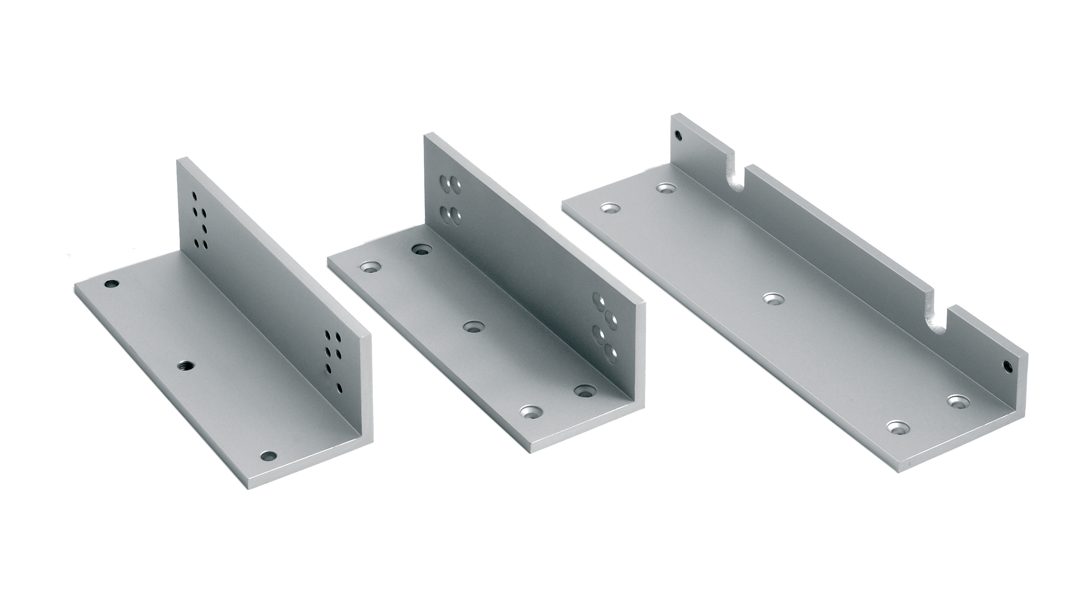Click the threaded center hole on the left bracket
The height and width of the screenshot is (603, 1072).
(184, 366)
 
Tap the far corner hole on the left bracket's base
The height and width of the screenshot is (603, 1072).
(112, 285)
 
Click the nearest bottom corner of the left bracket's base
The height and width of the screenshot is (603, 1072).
(246, 488)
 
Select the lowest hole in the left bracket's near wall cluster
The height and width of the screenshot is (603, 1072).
(340, 388)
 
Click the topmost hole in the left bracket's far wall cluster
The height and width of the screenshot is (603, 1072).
(194, 195)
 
